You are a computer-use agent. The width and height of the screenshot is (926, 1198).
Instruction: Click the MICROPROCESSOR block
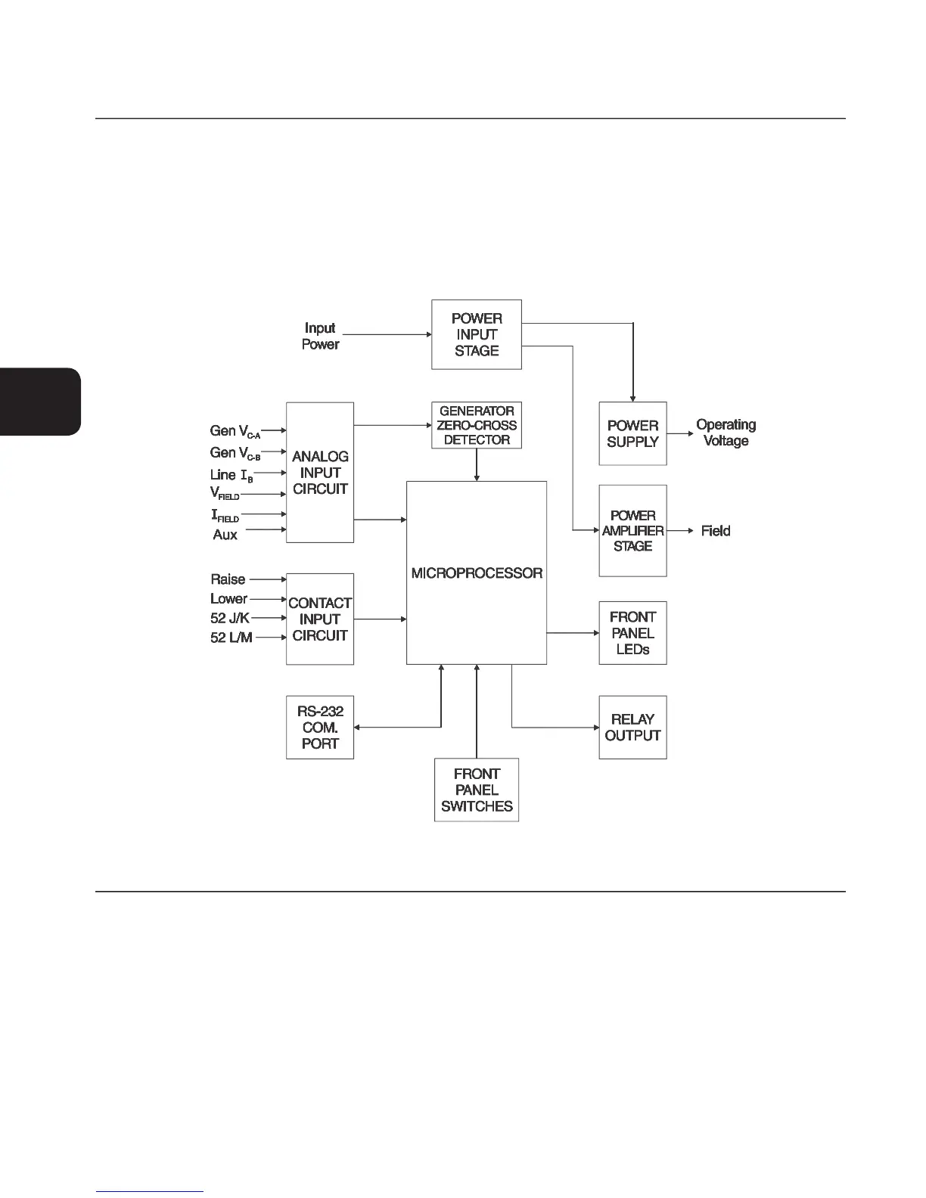477,573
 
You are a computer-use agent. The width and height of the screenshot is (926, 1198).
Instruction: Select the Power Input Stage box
477,334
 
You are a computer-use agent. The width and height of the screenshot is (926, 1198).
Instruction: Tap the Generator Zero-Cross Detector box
477,425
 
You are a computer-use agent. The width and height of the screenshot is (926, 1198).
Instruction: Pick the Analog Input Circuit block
320,473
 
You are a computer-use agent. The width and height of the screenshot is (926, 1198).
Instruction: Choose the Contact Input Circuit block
320,619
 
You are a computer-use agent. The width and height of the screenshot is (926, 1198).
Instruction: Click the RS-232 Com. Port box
320,727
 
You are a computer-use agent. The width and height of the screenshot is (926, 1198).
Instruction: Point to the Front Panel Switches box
477,790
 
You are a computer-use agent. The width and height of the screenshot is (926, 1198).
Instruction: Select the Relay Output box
632,727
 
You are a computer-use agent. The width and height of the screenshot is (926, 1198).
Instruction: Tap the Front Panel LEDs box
632,633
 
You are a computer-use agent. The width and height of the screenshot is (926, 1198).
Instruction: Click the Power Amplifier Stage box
632,530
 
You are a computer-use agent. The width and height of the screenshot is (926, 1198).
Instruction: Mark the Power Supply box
632,433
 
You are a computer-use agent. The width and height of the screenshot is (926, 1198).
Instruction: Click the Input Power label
320,336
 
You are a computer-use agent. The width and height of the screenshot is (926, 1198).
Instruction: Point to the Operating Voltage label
726,433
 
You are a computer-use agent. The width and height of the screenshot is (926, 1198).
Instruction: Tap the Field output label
716,531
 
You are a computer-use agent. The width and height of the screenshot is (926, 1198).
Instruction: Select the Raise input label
228,579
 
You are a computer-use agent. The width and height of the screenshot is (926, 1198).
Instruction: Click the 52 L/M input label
231,638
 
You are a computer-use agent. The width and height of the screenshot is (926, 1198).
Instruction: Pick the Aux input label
225,535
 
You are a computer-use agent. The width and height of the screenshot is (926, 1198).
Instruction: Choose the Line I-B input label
231,475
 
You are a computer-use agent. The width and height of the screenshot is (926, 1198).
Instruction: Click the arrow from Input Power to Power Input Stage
387,334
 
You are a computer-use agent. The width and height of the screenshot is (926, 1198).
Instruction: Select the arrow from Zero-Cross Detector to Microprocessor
477,464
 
